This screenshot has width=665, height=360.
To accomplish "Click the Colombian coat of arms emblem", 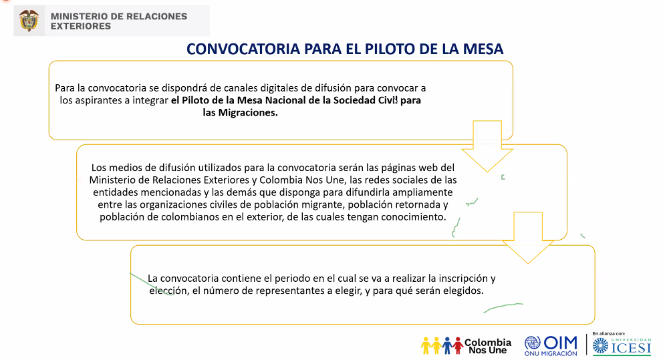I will coord(29,20).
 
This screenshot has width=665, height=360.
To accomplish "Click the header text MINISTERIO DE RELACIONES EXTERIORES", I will coord(119,21).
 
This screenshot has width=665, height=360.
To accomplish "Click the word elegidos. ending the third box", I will coord(460,291).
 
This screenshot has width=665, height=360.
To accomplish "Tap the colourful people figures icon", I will coord(441,345).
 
